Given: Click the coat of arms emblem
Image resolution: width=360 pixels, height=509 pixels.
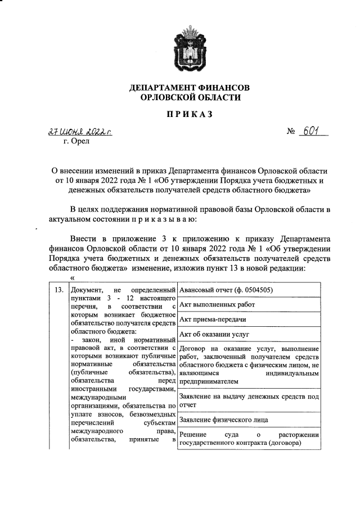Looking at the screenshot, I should click(189, 48).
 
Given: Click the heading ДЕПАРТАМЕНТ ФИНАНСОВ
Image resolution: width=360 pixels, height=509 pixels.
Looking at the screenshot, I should click(189, 88).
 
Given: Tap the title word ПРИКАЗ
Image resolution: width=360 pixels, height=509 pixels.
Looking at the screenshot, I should click(189, 115).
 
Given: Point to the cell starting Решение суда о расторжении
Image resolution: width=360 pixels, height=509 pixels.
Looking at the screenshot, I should click(249, 439).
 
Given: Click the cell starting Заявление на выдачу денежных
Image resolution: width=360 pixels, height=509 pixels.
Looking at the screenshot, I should click(249, 400).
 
